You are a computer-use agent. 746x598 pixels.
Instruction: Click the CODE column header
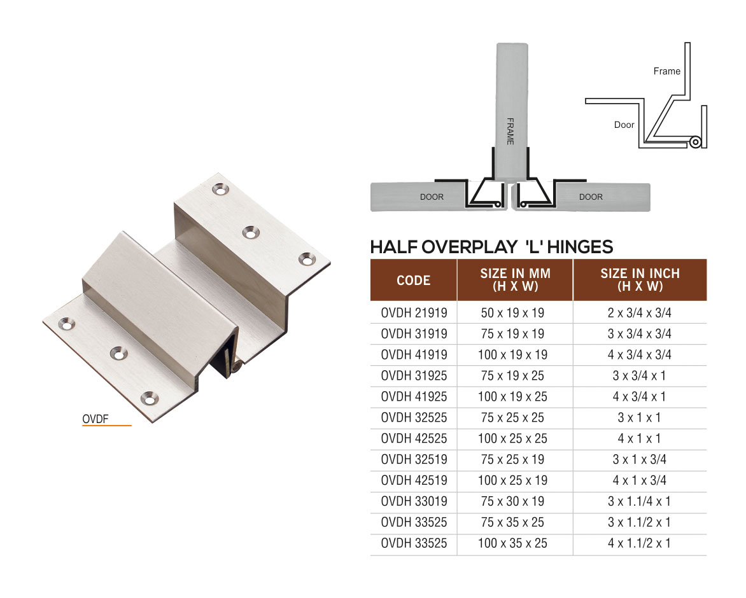[413, 280]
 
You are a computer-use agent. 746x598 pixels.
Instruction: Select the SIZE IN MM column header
[515, 280]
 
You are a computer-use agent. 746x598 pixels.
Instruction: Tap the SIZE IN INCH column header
[640, 280]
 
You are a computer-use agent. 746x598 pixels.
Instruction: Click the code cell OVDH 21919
[414, 313]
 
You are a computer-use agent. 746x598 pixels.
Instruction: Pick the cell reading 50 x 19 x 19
[512, 313]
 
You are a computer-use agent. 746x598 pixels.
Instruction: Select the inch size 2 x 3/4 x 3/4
[639, 313]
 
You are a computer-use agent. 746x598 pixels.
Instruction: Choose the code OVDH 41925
[414, 397]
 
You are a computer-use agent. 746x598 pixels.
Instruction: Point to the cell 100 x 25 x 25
[512, 439]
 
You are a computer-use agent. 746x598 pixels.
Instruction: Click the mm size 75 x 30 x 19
[512, 502]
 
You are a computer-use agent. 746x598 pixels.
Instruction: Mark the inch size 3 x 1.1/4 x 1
[639, 502]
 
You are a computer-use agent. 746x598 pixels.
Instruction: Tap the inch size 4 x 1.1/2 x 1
[639, 544]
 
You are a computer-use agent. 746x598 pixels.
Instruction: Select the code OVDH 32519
[414, 460]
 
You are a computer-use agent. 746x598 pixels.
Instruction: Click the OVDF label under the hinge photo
[96, 419]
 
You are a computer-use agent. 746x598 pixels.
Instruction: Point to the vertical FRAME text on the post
[510, 131]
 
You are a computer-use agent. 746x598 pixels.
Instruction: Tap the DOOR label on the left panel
[432, 197]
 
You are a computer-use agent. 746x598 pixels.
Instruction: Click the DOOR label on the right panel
[591, 197]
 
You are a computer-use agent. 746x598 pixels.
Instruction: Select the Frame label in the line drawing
[666, 71]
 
